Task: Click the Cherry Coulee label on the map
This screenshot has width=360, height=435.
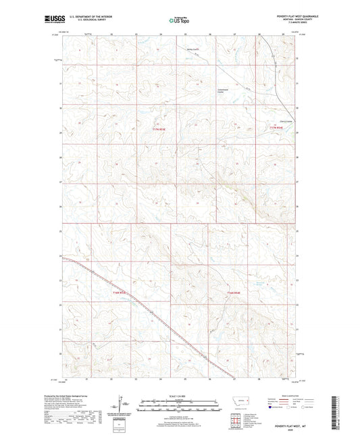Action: click(x=273, y=122)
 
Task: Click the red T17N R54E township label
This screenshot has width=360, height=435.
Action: click(x=276, y=126)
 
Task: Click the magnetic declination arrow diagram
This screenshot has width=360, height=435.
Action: click(x=124, y=405)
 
